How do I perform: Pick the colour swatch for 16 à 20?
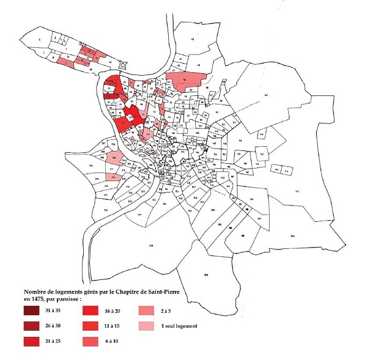point(91,310)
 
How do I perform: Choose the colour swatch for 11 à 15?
point(91,326)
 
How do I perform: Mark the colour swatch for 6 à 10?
point(91,340)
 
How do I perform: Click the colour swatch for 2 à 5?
point(147,310)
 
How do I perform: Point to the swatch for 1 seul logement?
point(147,326)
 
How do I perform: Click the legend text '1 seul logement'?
point(179,326)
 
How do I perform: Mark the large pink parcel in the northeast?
point(190,78)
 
